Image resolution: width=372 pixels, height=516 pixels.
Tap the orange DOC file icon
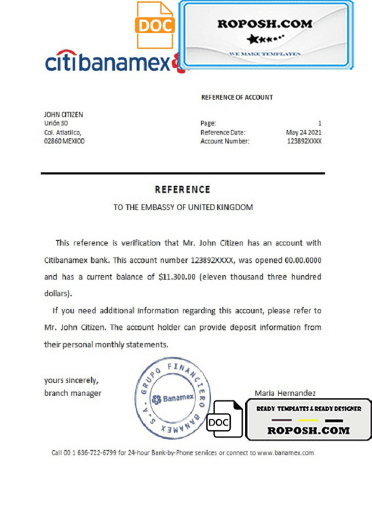pos(155,25)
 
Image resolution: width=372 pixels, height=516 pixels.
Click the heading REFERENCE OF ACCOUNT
pos(237,97)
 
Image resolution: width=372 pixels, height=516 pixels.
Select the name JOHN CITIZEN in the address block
pos(63,115)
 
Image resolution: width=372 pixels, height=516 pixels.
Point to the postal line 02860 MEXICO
pos(64,141)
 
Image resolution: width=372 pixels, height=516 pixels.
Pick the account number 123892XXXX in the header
pos(304,141)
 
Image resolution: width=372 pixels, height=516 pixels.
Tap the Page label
pos(208,123)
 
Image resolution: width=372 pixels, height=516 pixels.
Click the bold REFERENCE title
pos(183,190)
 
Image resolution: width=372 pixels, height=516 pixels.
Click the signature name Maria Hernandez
pos(285,393)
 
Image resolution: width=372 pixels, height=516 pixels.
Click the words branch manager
pos(73,393)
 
